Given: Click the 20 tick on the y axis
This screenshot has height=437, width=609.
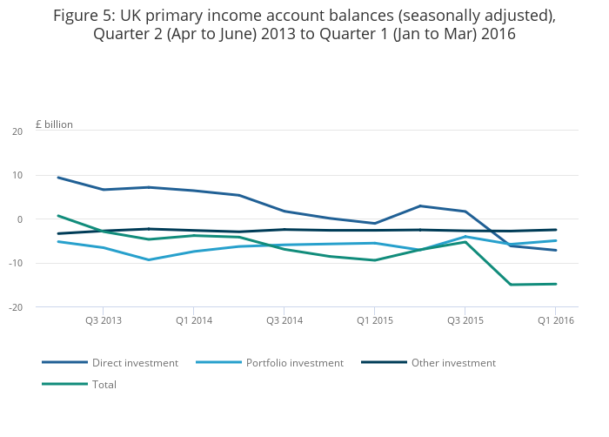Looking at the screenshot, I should pos(17,131).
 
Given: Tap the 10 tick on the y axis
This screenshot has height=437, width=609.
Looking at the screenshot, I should pos(17,176).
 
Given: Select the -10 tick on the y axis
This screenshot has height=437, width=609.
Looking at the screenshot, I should pos(16,263).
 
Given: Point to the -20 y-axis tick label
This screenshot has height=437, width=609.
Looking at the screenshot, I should pos(16,307).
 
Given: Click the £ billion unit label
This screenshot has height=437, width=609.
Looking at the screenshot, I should pos(54,124).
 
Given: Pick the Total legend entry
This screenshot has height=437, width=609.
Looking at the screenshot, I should pos(104,384).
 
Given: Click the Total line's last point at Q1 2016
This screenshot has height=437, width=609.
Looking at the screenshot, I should pos(555,284).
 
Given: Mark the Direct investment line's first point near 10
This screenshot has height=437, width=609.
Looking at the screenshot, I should pos(57,178).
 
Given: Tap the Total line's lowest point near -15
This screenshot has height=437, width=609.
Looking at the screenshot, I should pos(510,285).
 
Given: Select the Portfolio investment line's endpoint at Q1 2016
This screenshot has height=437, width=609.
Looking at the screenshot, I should pos(555,240).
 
